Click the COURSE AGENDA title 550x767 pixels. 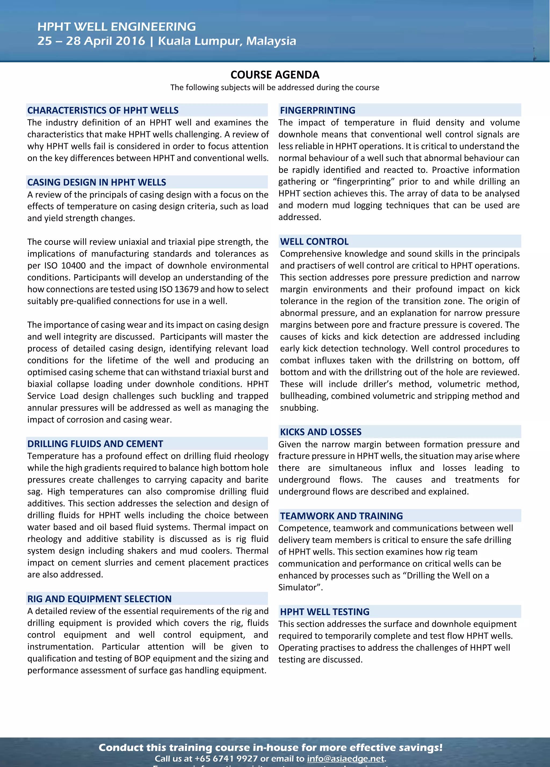click(275, 75)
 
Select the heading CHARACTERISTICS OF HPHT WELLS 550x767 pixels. click(103, 111)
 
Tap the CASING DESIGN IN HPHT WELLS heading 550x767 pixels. click(97, 183)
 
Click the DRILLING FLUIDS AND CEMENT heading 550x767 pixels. click(95, 444)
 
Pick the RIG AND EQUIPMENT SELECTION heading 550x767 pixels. click(99, 599)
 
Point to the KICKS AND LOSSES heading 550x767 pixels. click(320, 432)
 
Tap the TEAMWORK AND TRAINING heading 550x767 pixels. click(341, 516)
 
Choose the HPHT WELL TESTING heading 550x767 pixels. click(324, 612)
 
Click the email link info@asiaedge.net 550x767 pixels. click(345, 759)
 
